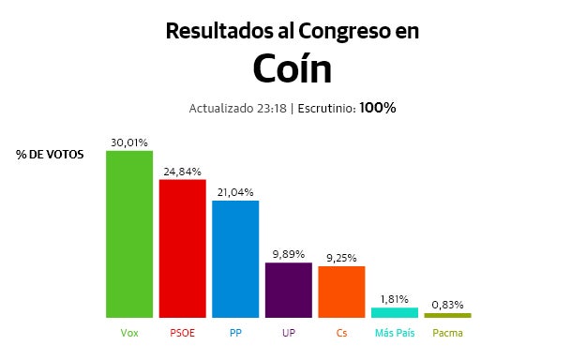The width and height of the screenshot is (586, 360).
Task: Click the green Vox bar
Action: tap(129, 233)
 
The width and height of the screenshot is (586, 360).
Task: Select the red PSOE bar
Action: tap(182, 247)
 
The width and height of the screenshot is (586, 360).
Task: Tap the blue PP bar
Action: tap(235, 259)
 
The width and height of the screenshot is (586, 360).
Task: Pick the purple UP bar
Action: tap(289, 290)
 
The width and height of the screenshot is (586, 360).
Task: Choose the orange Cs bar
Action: tap(341, 292)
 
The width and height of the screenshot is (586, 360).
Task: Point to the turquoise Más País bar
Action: tap(395, 312)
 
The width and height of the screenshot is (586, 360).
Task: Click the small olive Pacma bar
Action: tap(447, 315)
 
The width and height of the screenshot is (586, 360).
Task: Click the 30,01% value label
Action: tap(129, 142)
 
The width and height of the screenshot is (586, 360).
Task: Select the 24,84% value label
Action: tap(182, 172)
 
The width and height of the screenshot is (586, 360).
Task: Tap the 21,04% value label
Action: tap(235, 193)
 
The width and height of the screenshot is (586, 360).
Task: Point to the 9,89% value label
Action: tap(289, 255)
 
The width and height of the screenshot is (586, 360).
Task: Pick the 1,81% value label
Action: tap(395, 299)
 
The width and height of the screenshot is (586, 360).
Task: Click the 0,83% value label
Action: tap(447, 305)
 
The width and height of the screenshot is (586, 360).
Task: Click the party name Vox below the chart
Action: tap(129, 333)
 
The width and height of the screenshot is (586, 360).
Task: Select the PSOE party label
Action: tap(182, 333)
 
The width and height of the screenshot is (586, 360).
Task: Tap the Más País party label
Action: tap(395, 333)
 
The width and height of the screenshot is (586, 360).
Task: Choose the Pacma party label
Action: tap(447, 333)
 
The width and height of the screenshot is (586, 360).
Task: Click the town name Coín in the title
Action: tap(292, 68)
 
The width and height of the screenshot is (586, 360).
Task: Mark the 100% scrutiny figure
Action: tap(377, 108)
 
